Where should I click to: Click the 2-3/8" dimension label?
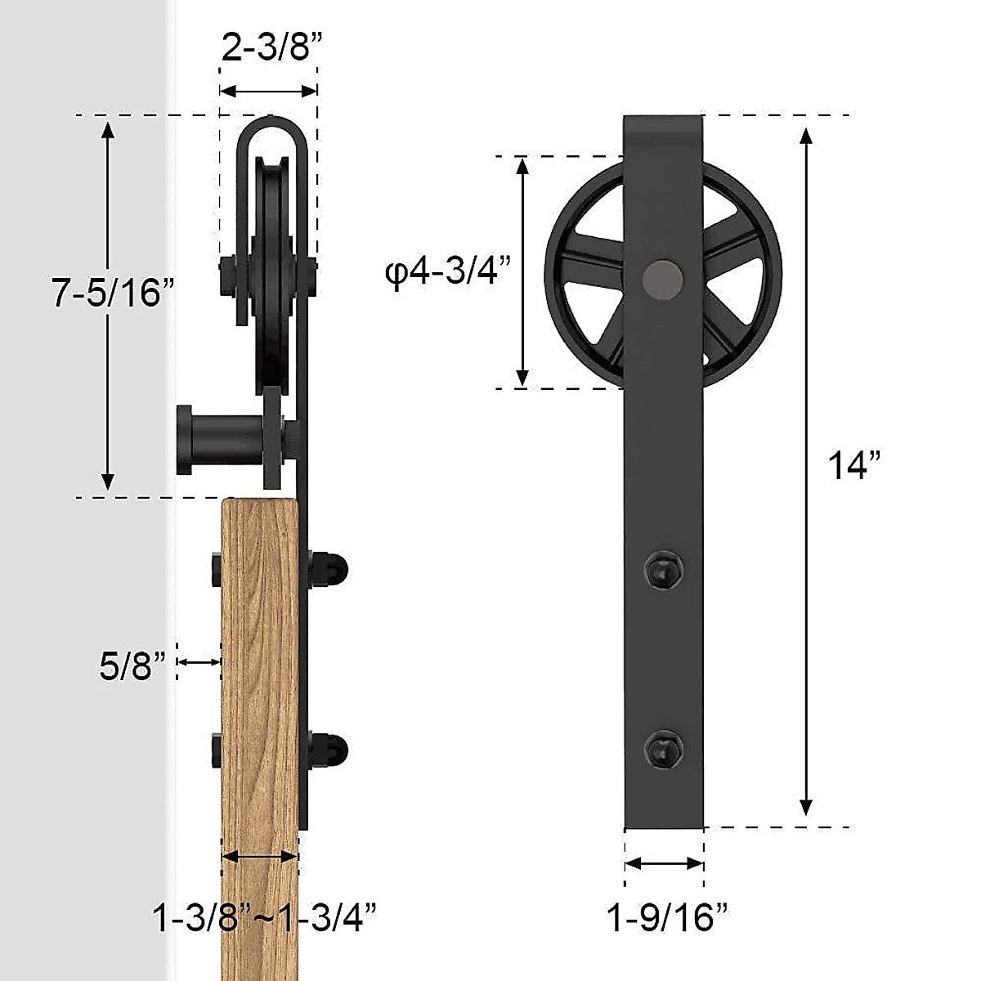pyautogui.click(x=267, y=48)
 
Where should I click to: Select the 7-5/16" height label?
pyautogui.click(x=114, y=293)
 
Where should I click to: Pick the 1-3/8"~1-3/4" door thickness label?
pyautogui.click(x=265, y=918)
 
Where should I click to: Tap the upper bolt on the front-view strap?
pyautogui.click(x=662, y=567)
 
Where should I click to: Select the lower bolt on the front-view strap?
pyautogui.click(x=662, y=748)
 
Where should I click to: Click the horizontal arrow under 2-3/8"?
pyautogui.click(x=268, y=91)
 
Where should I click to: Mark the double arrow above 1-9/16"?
pyautogui.click(x=664, y=863)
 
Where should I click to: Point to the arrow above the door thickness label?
pyautogui.click(x=260, y=857)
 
